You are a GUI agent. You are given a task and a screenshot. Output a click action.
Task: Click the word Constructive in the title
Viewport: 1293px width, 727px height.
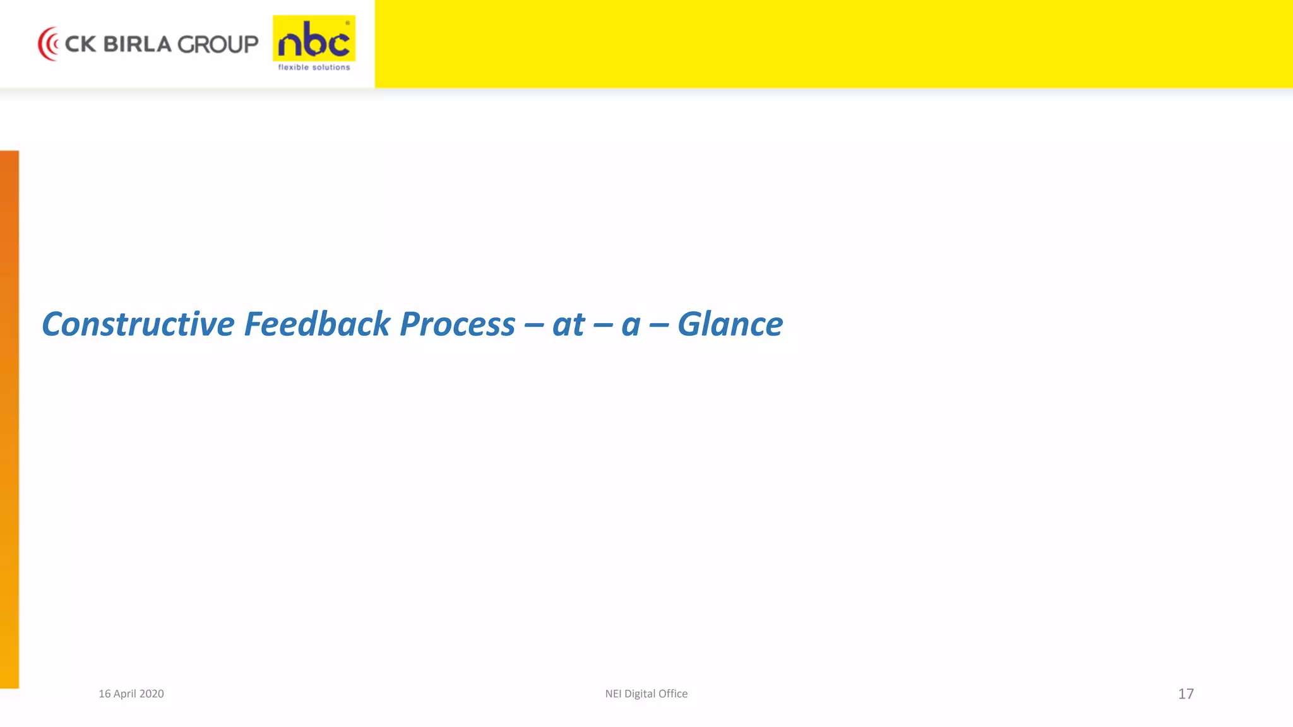(x=138, y=324)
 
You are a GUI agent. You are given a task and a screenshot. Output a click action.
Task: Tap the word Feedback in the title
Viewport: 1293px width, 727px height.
(x=317, y=324)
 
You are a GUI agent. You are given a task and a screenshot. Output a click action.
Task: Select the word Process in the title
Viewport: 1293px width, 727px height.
(x=457, y=324)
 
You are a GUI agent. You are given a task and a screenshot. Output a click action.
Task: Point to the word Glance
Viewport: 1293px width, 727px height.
(x=730, y=324)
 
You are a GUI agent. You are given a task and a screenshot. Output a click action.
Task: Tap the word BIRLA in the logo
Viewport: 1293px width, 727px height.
(x=137, y=44)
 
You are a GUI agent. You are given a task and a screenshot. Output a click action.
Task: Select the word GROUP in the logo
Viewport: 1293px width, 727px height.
(x=218, y=44)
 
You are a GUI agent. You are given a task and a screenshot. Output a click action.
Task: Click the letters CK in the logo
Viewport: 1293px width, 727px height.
(x=80, y=44)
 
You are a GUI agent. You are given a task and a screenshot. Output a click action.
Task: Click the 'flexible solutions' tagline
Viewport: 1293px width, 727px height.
(x=314, y=68)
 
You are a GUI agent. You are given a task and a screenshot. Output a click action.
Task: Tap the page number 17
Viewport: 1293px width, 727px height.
(x=1186, y=694)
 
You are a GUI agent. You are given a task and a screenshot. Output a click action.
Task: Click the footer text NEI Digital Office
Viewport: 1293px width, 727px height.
(x=646, y=694)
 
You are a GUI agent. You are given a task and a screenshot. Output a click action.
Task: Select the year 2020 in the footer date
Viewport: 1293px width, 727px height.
(x=152, y=694)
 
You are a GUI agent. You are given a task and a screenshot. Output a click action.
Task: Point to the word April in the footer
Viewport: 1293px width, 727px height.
(x=124, y=694)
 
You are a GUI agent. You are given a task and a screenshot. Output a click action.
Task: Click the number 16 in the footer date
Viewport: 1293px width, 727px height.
(x=104, y=694)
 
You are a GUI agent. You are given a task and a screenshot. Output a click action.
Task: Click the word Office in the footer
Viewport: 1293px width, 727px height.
(x=673, y=694)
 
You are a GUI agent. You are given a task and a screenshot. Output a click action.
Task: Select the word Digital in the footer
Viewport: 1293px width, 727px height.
(x=640, y=694)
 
